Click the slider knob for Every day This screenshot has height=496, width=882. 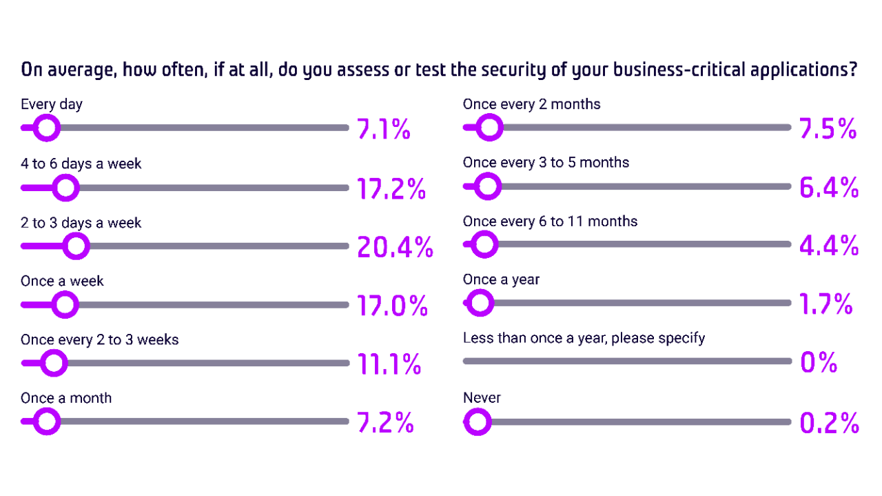coord(47,128)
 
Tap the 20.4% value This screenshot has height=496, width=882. coord(395,247)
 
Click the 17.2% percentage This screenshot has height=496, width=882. coord(391,188)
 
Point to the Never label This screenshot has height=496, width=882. coord(482,398)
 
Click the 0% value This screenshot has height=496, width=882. coord(818,362)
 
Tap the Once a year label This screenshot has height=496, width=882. coord(501,280)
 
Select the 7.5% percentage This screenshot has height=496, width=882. coord(827,129)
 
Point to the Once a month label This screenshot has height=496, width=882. coord(66,398)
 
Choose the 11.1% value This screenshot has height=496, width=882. coord(389,364)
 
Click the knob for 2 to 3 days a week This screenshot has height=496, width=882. coord(76,246)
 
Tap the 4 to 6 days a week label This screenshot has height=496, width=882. coord(81,164)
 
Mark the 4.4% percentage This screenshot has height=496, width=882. coord(828,246)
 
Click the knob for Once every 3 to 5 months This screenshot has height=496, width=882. coord(487,186)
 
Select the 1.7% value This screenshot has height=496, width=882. coord(825,304)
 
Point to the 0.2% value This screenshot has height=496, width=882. coord(829,423)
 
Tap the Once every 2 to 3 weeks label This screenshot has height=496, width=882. coord(100,340)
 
